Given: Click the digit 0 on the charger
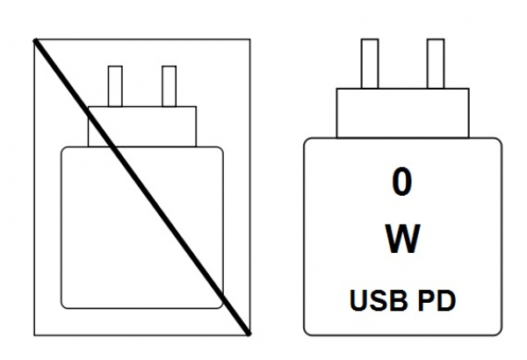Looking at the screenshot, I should (401, 183).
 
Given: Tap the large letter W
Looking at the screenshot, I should (401, 238).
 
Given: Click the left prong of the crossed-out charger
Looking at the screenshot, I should (115, 86).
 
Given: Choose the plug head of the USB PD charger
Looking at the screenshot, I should (401, 112).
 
